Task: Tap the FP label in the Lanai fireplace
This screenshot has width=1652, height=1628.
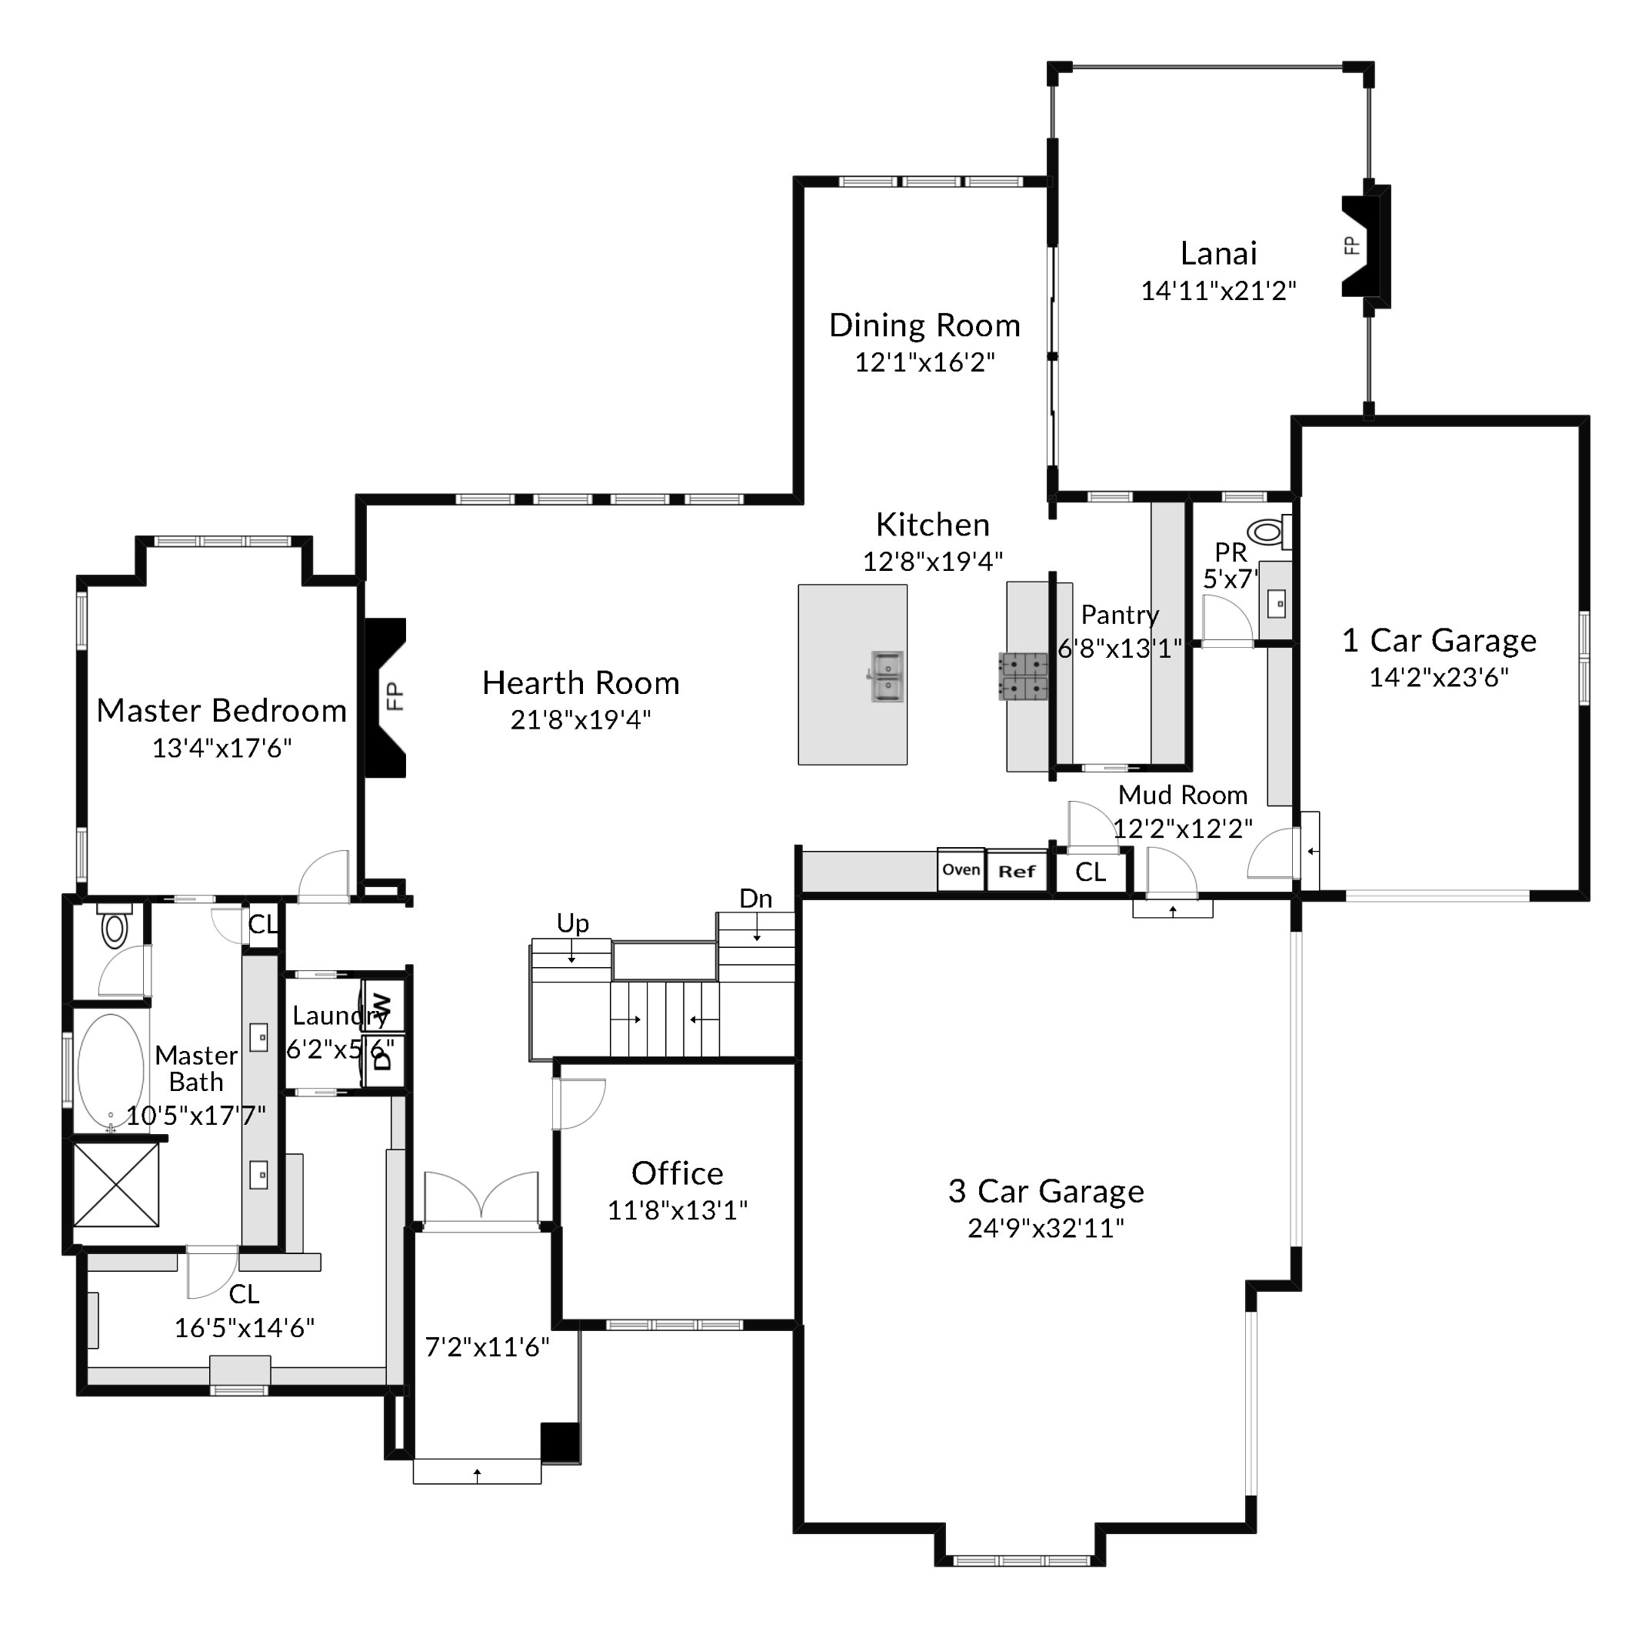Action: click(x=1351, y=245)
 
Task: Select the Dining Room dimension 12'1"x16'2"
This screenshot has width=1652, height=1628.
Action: click(x=924, y=362)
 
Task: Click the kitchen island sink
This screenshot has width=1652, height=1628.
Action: click(x=886, y=676)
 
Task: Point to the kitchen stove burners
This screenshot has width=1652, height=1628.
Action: click(x=1023, y=676)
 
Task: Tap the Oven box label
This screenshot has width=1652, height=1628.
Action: click(x=961, y=869)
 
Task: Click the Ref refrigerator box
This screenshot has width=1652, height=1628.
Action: click(x=1017, y=870)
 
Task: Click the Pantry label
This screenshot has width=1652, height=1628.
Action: click(x=1120, y=615)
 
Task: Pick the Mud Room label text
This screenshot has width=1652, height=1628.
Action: click(x=1183, y=796)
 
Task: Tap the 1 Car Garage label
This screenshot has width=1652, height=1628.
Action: click(x=1439, y=640)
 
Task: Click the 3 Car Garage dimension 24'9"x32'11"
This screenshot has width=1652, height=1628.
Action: click(x=1046, y=1229)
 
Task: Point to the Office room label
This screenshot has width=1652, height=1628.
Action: click(x=677, y=1173)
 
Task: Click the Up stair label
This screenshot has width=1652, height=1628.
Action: click(x=573, y=923)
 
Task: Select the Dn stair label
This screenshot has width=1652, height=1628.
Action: click(x=755, y=899)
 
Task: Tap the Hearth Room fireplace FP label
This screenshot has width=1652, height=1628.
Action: click(x=394, y=697)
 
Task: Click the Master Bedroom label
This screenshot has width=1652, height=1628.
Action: click(x=221, y=711)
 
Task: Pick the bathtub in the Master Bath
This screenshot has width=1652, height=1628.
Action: click(x=111, y=1073)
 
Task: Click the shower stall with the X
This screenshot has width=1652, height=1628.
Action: click(x=116, y=1185)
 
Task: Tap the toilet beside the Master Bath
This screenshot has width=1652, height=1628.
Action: click(x=114, y=926)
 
